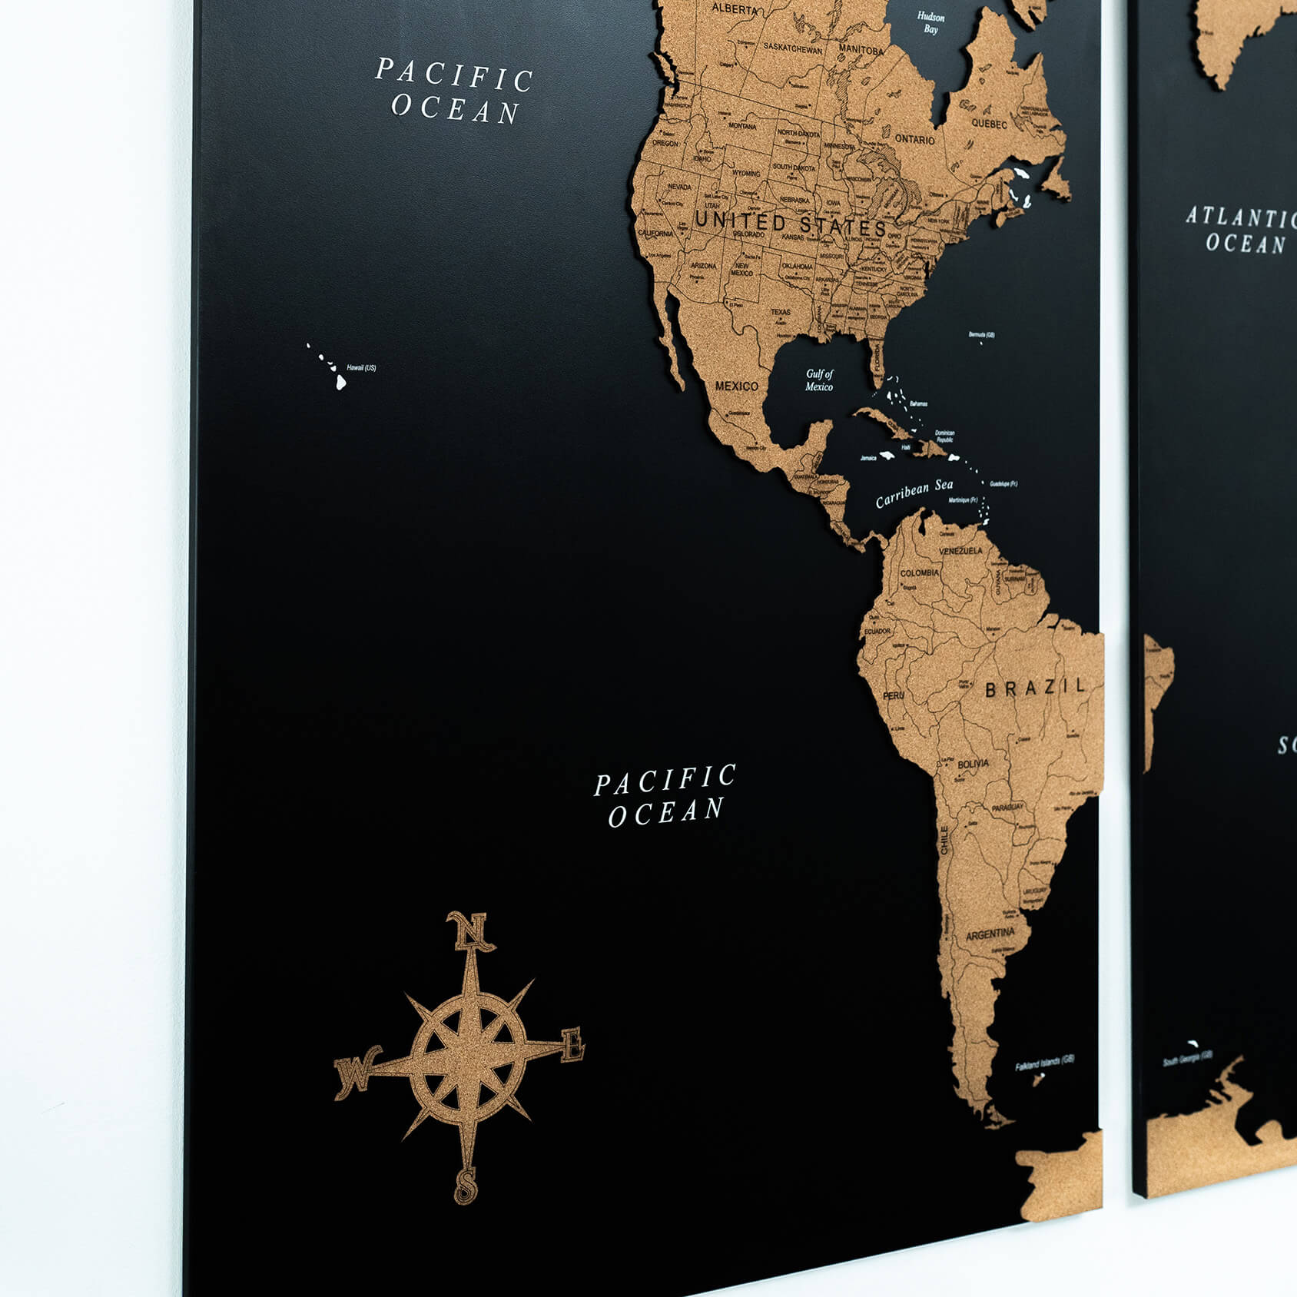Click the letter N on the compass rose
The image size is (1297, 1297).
469,931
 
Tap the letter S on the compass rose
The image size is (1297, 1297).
466,1186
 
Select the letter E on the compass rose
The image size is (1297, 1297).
572,1046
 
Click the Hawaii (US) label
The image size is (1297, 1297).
361,368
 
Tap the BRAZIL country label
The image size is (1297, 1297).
1036,687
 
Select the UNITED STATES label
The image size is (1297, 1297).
791,224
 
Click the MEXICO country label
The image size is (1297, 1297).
736,386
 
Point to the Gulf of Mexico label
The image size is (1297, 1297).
819,380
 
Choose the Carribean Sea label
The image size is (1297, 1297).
914,493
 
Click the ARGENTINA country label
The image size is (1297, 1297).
990,935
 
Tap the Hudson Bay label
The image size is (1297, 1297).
930,23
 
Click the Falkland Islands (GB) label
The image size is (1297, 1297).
1044,1063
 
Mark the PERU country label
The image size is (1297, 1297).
893,695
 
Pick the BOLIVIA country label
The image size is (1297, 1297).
973,764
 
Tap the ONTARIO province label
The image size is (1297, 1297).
914,140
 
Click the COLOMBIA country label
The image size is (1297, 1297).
919,573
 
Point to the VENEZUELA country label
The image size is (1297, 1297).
960,551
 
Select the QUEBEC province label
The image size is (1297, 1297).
989,124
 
